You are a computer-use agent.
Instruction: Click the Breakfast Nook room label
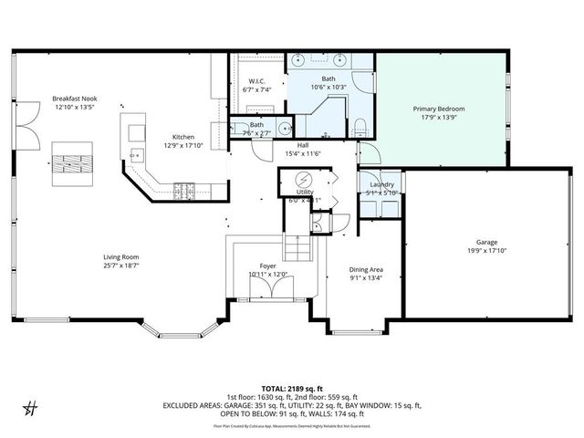pyautogui.click(x=75, y=98)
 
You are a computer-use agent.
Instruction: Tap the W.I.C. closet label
pyautogui.click(x=256, y=81)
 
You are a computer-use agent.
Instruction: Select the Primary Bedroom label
pyautogui.click(x=443, y=108)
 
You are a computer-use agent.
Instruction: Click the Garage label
pyautogui.click(x=485, y=243)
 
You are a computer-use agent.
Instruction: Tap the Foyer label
pyautogui.click(x=267, y=266)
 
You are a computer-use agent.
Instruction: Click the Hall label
pyautogui.click(x=302, y=145)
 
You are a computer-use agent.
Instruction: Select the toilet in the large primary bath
pyautogui.click(x=361, y=126)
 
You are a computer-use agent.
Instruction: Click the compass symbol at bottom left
pyautogui.click(x=31, y=407)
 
